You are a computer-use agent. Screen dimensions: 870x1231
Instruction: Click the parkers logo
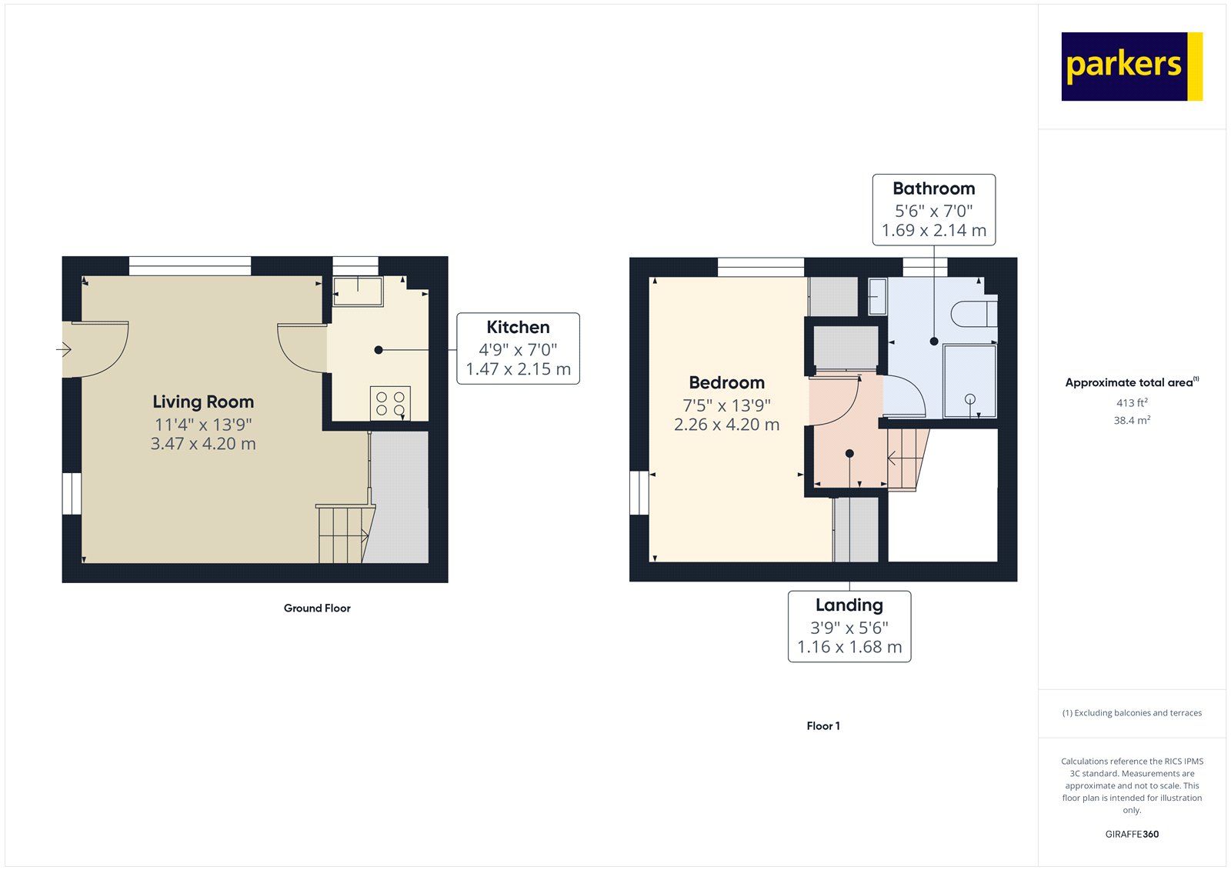(1131, 66)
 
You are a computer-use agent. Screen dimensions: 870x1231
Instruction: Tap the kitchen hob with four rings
(390, 404)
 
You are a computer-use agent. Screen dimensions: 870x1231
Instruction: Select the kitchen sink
(358, 292)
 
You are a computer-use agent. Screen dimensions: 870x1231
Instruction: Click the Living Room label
(203, 402)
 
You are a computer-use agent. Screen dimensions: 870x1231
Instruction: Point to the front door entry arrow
(64, 350)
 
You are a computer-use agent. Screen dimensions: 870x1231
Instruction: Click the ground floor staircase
(344, 534)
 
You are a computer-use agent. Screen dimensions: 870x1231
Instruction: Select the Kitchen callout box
(518, 348)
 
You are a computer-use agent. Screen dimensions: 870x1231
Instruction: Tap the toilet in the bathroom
(973, 314)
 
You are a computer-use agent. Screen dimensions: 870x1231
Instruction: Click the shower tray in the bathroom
(969, 382)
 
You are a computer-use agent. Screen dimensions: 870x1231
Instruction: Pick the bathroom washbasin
(877, 296)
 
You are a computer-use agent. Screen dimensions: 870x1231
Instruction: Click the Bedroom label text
(726, 382)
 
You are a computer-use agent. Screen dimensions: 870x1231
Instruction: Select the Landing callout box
(849, 626)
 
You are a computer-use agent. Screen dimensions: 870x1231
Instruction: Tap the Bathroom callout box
(933, 209)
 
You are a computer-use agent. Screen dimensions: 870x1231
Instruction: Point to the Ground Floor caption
(317, 608)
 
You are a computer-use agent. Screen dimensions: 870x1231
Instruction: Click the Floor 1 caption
(823, 725)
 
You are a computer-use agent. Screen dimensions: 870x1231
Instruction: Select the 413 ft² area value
(1132, 402)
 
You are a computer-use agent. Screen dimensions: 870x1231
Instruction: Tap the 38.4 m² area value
(1132, 420)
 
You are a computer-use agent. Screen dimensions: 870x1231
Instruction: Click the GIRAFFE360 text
(1132, 834)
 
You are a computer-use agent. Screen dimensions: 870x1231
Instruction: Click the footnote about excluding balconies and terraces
(1132, 713)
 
